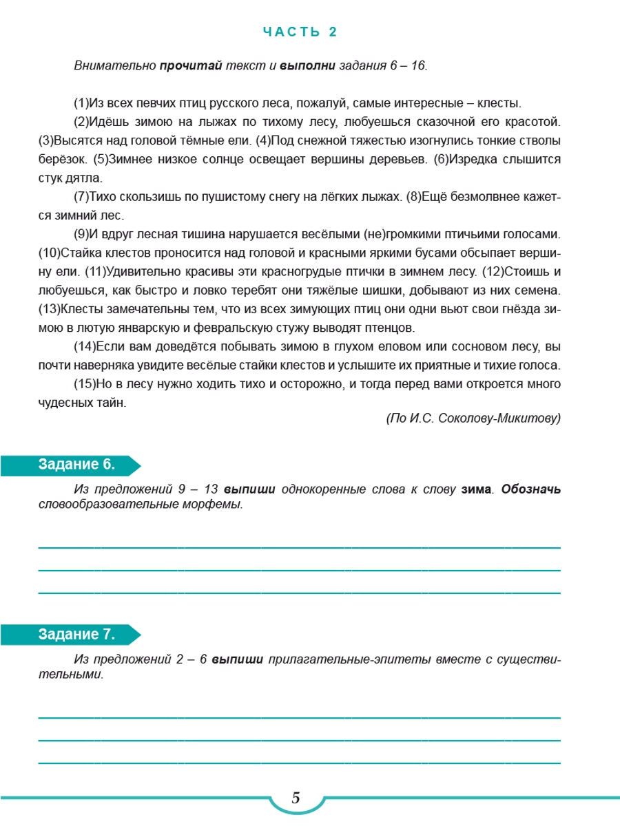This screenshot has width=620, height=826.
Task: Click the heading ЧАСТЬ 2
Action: (300, 32)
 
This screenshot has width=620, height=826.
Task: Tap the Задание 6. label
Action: (76, 465)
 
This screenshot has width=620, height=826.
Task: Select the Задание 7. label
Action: (76, 634)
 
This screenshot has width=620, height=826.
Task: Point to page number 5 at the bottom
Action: (296, 798)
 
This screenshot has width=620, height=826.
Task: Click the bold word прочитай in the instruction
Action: (190, 66)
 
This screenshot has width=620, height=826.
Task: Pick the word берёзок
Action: (63, 159)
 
